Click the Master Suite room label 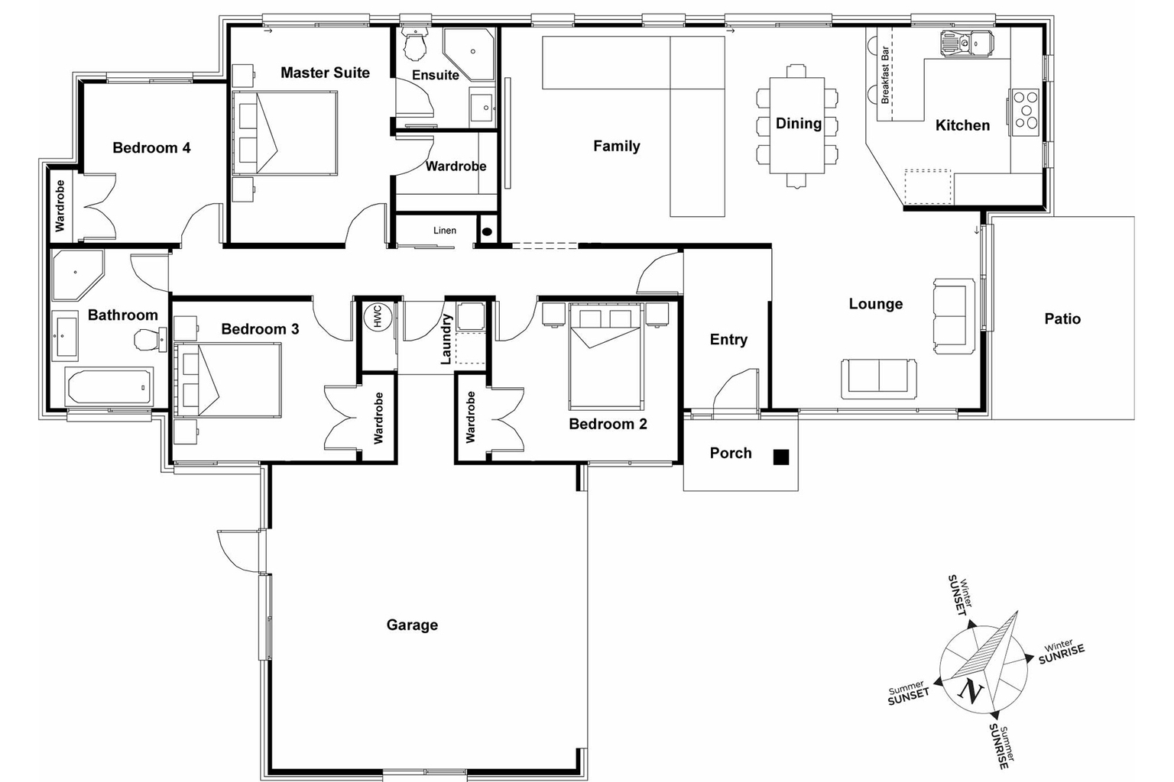click(325, 73)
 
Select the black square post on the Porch click(780, 457)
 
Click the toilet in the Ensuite click(416, 47)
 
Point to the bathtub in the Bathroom click(109, 387)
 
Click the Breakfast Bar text click(886, 75)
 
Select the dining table click(797, 125)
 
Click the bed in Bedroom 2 click(605, 355)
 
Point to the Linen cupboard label click(445, 230)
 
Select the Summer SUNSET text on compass click(908, 692)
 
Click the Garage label click(412, 625)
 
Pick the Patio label click(1062, 318)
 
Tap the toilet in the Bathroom click(147, 338)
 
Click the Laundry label click(447, 339)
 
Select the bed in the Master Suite click(285, 133)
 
